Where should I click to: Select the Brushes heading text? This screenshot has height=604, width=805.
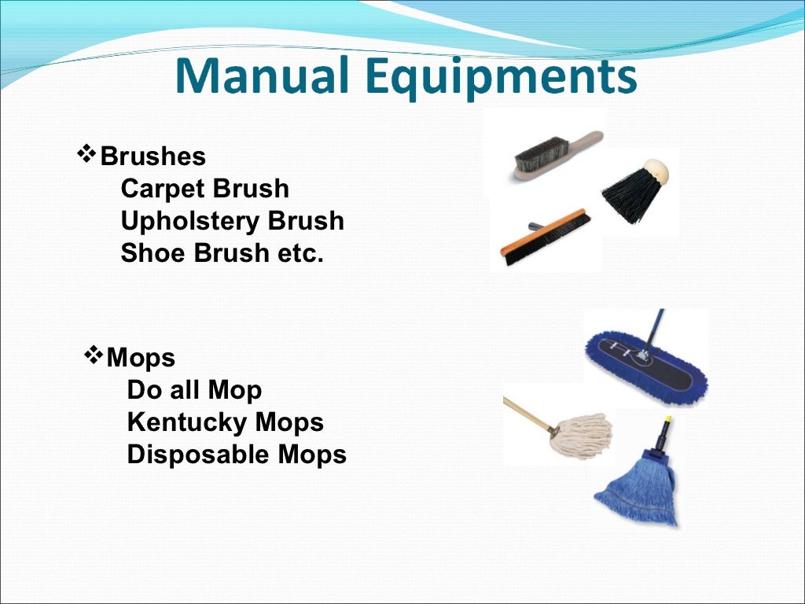point(153,157)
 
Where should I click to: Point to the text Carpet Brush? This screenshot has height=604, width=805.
point(204,189)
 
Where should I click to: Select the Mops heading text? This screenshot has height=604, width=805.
point(141,358)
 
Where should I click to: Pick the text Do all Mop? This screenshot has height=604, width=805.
point(194,390)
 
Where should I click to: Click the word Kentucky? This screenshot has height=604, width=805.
point(176,422)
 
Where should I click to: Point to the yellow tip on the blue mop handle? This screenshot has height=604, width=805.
point(668,421)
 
